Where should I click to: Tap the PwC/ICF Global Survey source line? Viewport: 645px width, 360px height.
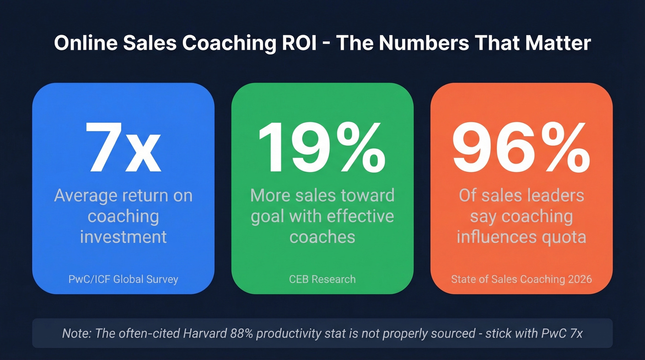coord(123,279)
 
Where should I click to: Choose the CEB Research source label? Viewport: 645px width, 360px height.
coord(322,279)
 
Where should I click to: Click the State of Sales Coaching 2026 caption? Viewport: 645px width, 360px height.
coord(521,279)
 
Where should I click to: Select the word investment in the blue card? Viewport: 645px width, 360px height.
coord(123,236)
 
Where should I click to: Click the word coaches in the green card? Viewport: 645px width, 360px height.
coord(322,236)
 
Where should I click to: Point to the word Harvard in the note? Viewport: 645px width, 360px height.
coord(217,333)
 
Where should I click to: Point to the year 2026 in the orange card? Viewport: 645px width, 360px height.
coord(579,279)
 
